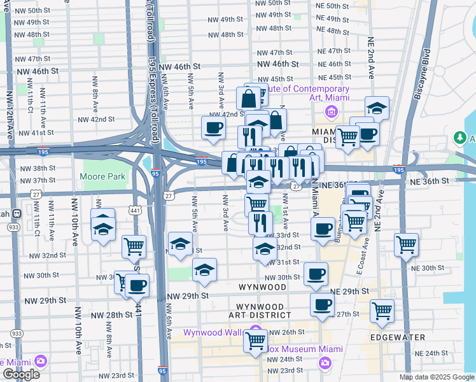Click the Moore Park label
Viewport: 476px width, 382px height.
[95, 176]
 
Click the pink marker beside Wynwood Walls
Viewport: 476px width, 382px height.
[256, 332]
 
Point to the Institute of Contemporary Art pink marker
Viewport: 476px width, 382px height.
[331, 113]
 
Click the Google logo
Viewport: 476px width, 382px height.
[21, 374]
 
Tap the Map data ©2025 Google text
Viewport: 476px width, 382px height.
[436, 377]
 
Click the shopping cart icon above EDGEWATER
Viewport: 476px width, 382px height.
[382, 311]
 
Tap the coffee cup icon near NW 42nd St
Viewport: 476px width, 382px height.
[213, 127]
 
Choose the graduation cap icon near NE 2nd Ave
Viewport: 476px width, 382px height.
[377, 108]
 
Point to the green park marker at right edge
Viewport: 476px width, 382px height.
[461, 138]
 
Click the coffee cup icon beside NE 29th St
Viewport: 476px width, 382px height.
[322, 304]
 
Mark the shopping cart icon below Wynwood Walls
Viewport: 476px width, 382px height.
[255, 341]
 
